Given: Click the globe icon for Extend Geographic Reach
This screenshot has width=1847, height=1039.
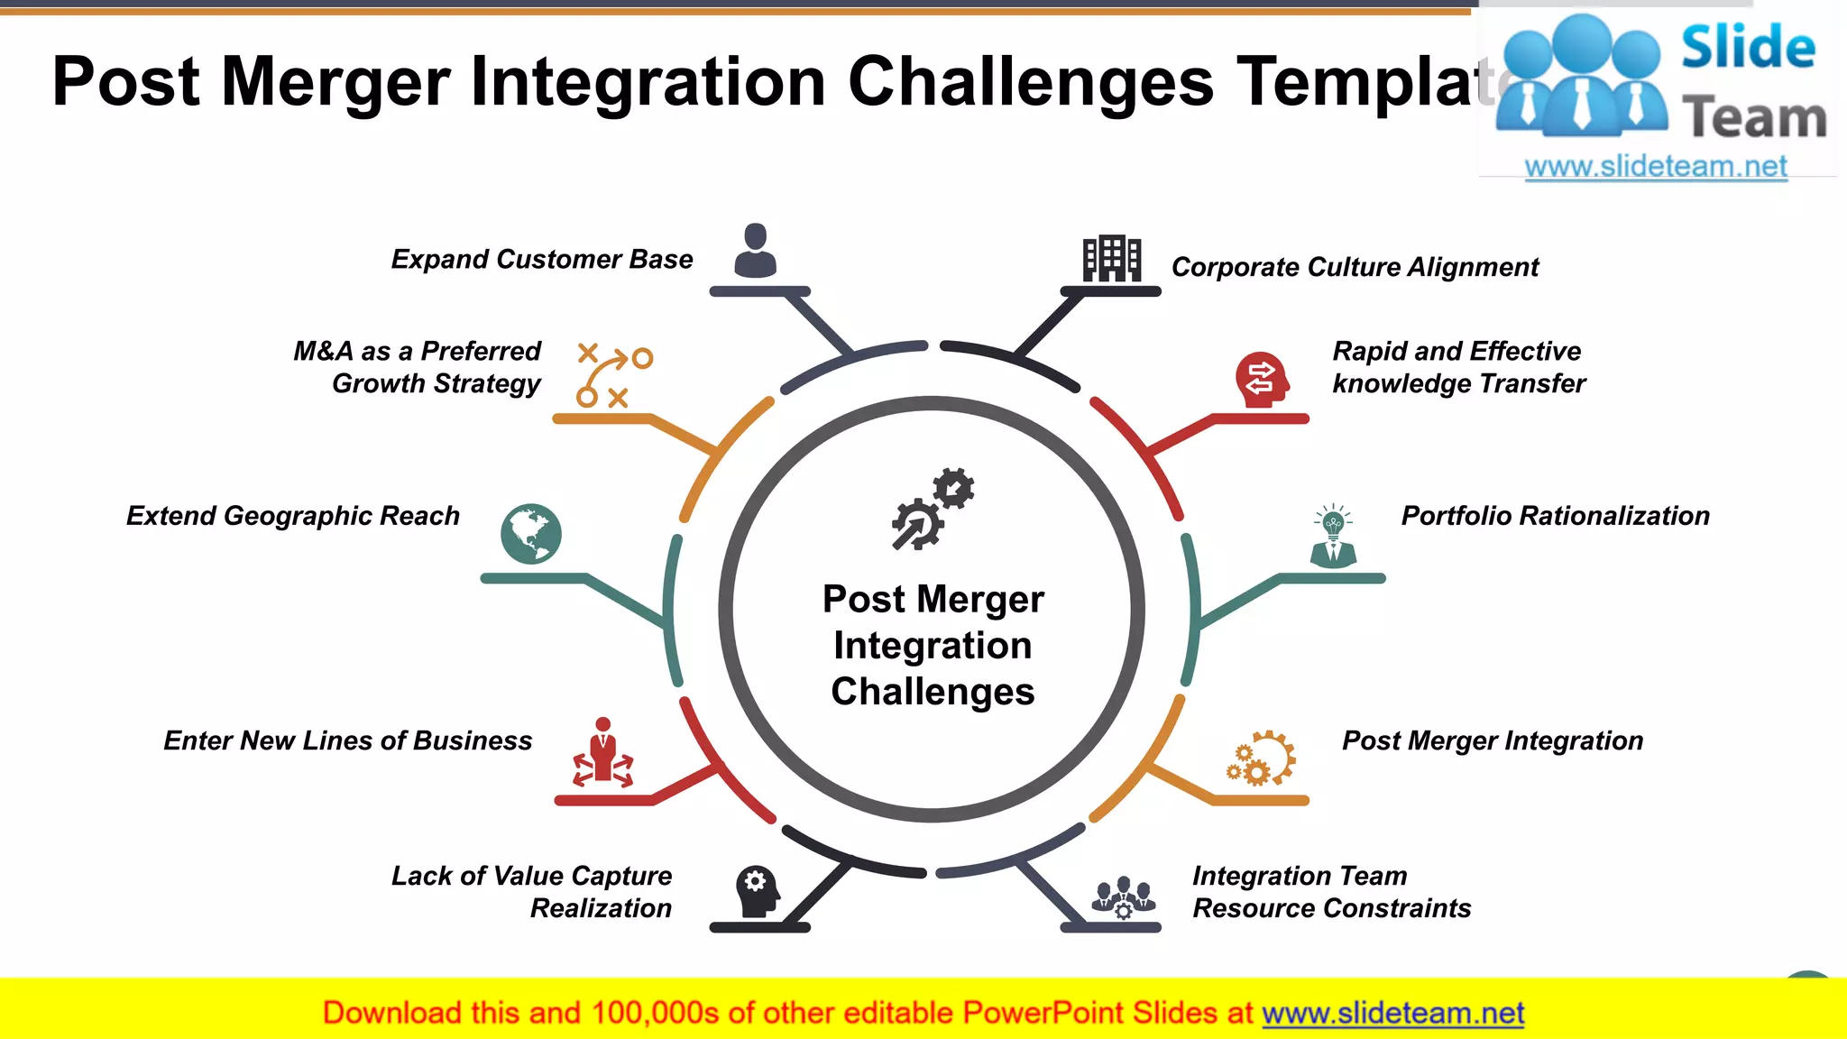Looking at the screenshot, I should tap(531, 534).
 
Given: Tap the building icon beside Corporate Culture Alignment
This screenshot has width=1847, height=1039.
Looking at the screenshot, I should tap(1111, 259).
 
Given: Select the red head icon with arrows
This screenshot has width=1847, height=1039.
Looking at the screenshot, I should tap(1262, 380).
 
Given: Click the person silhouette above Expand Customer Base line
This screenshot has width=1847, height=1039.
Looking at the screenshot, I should tap(756, 251).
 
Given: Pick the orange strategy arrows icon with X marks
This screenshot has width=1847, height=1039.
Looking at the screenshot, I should tap(613, 375).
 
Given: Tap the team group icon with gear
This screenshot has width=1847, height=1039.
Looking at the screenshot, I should tap(1123, 896).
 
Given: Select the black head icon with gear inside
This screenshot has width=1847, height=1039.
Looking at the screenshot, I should tap(758, 891).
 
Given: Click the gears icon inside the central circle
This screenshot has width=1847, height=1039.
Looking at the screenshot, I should tap(933, 509).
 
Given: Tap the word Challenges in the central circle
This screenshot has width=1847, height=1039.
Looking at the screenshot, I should tap(933, 692).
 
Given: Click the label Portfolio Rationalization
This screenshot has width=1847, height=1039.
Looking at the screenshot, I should tap(1555, 516).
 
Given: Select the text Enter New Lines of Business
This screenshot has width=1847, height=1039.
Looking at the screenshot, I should tap(348, 740).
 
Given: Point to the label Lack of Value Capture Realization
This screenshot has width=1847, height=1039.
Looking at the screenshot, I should tap(532, 892).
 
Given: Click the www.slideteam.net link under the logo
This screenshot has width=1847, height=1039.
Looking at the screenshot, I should tap(1656, 167).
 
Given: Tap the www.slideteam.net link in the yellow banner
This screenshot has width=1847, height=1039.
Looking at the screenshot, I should tap(1392, 1014).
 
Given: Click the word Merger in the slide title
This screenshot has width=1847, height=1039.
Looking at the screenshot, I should tap(335, 82).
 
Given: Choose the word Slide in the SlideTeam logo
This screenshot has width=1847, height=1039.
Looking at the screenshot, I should tap(1748, 48).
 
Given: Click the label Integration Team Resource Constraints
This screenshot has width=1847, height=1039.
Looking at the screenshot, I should tap(1331, 892).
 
